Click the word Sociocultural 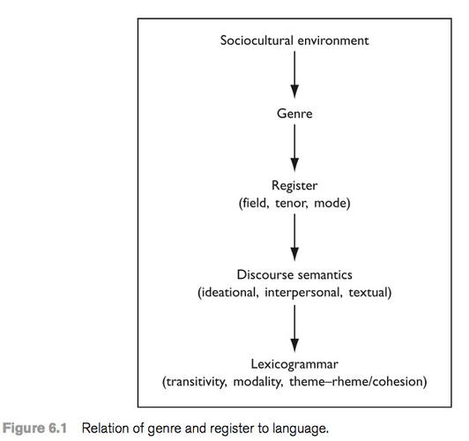(257, 41)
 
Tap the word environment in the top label (333, 41)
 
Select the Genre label (294, 114)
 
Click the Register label (294, 186)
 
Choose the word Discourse (264, 275)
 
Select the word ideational (228, 292)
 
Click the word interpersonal (303, 293)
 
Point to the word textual (368, 292)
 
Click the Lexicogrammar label (294, 364)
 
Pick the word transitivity (195, 382)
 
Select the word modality (258, 382)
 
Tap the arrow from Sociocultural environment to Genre (294, 75)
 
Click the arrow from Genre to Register (294, 148)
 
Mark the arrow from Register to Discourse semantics (294, 237)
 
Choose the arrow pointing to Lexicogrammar (294, 328)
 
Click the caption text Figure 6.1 (35, 428)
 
